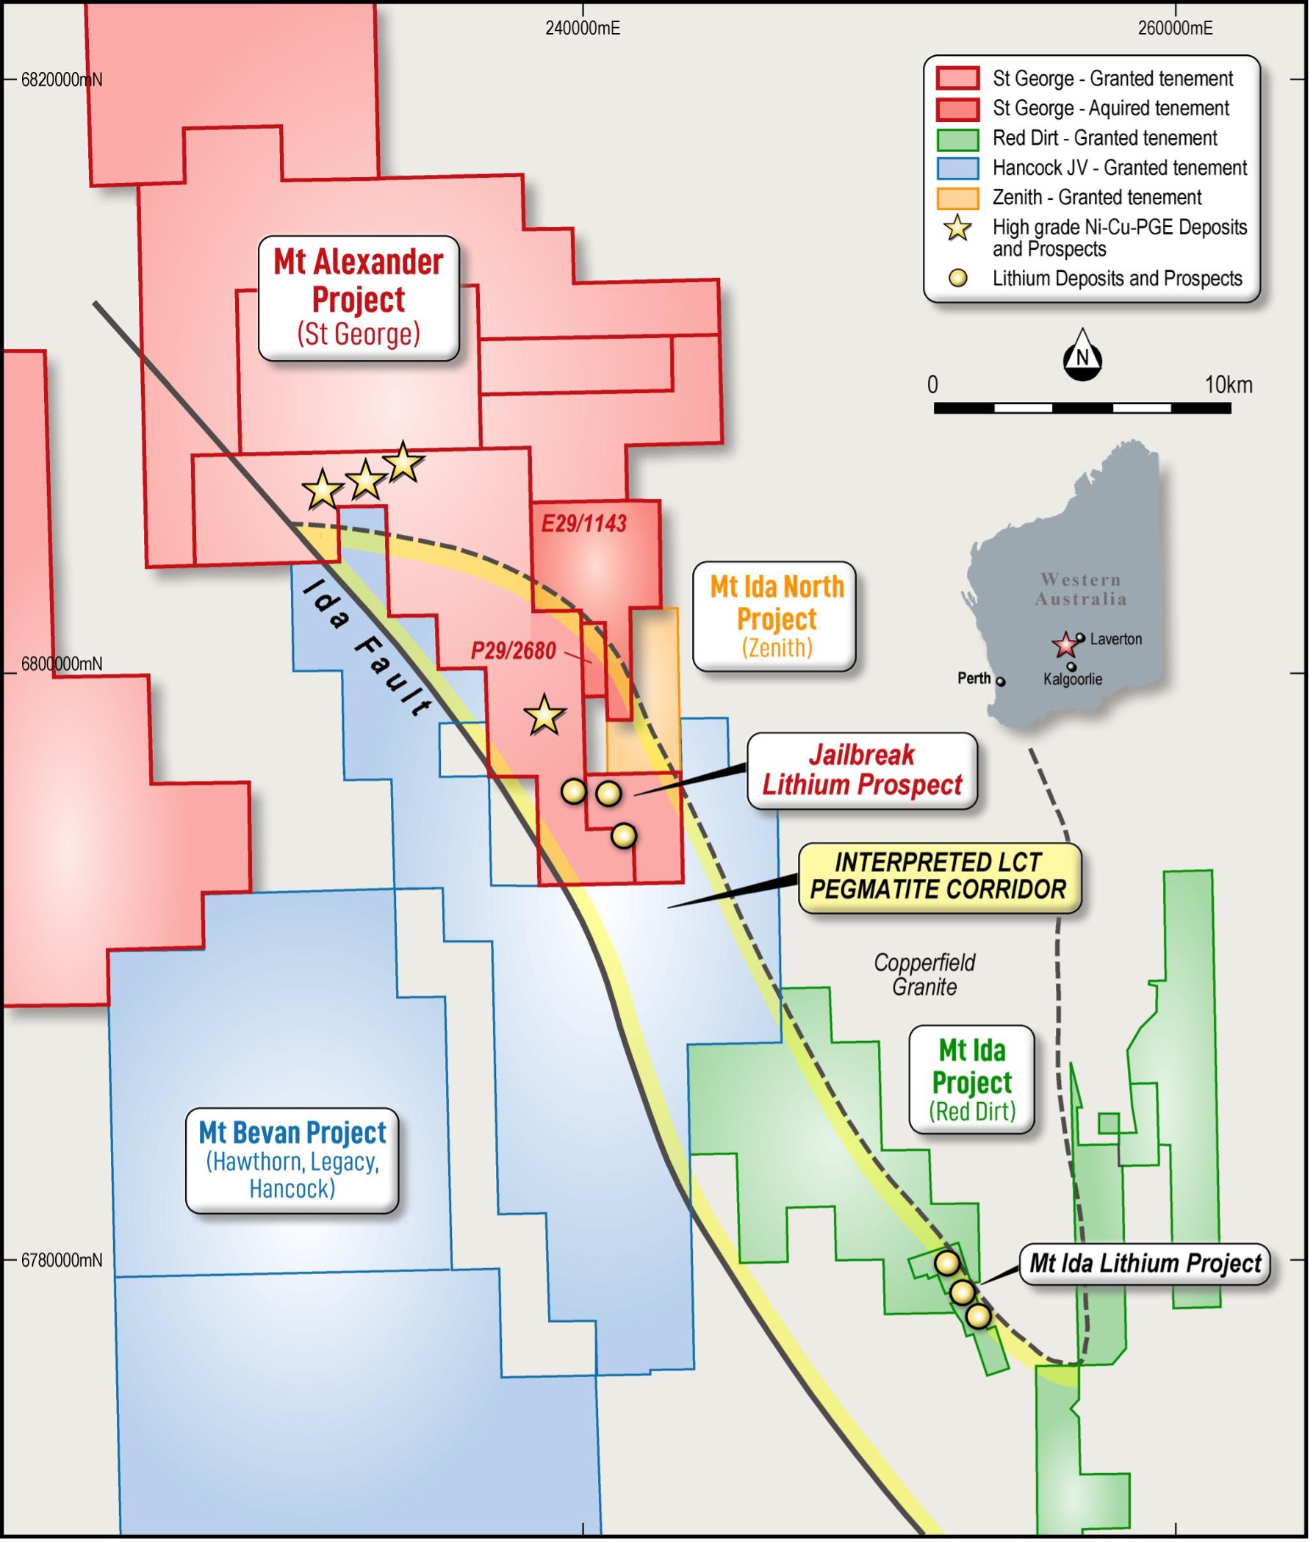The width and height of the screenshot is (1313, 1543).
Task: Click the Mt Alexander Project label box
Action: (358, 298)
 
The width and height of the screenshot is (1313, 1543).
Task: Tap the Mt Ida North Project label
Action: (774, 616)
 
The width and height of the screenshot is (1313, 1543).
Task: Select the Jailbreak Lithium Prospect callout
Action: (861, 770)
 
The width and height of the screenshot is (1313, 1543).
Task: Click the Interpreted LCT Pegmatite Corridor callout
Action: (938, 876)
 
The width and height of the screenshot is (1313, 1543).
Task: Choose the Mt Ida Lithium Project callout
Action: (1144, 1263)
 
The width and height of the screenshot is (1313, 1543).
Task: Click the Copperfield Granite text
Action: (924, 974)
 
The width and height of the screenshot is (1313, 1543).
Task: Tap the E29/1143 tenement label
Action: (583, 524)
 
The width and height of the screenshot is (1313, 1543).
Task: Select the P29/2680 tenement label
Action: (513, 651)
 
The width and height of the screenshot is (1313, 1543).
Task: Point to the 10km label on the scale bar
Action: (1229, 385)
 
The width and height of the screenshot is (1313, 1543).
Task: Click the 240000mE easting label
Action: (582, 28)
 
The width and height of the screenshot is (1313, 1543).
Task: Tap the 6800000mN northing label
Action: (61, 663)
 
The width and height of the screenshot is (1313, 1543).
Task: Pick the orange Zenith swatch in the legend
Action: (957, 198)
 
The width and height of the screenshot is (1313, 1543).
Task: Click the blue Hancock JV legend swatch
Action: (957, 168)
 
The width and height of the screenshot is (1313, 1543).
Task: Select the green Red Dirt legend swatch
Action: (957, 138)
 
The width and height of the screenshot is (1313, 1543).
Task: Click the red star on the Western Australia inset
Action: (1065, 644)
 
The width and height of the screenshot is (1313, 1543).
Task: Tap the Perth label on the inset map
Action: (974, 678)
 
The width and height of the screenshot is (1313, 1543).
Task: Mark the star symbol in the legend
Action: (957, 229)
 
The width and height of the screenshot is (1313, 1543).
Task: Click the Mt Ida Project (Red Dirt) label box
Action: (971, 1080)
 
